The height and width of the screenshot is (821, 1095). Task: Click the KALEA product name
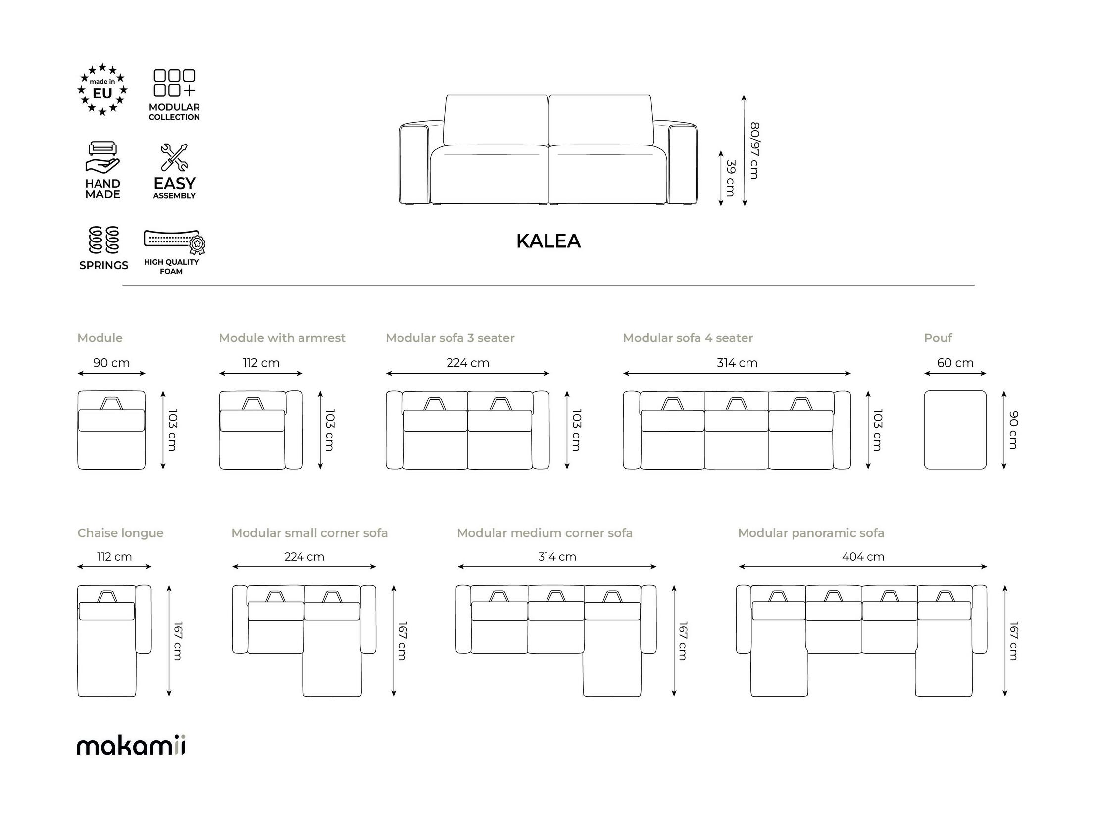548,241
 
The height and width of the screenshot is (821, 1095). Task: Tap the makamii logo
131,746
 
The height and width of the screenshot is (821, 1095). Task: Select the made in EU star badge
102,90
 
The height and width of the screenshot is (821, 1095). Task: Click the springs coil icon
103,240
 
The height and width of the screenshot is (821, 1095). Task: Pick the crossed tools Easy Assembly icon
174,157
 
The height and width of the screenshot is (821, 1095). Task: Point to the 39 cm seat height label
731,178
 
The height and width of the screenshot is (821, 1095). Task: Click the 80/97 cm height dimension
754,151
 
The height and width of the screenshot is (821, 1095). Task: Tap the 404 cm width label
863,557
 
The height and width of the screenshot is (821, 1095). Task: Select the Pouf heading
938,338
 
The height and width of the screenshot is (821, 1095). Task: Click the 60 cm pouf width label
955,363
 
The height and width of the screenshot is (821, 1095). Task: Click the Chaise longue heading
120,533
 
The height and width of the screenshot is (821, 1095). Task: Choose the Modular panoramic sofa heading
811,533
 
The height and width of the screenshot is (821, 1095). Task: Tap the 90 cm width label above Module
111,363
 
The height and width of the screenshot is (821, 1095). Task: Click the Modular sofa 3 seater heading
450,338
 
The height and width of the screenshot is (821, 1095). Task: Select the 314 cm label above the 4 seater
737,363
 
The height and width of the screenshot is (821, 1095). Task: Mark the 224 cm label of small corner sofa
304,557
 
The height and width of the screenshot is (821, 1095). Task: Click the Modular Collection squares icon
174,83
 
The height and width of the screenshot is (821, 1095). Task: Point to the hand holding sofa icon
102,157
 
